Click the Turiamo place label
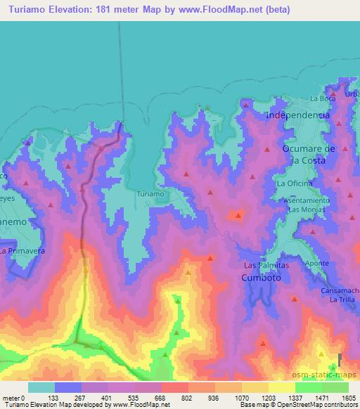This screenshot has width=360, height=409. pyautogui.click(x=150, y=193)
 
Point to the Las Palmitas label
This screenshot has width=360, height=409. pyautogui.click(x=266, y=265)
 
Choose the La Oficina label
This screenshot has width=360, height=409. pyautogui.click(x=295, y=183)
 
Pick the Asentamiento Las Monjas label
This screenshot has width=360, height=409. pyautogui.click(x=307, y=205)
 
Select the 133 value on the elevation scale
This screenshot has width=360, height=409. pyautogui.click(x=54, y=397)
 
